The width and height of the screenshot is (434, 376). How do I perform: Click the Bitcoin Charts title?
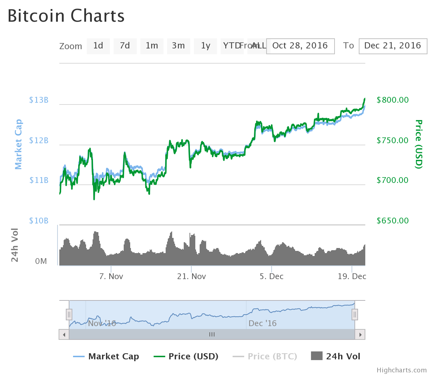click(x=66, y=16)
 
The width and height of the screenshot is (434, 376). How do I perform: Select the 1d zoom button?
click(x=98, y=46)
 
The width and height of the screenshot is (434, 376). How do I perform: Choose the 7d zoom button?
click(x=125, y=46)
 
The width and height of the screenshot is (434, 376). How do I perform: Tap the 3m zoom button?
click(x=178, y=46)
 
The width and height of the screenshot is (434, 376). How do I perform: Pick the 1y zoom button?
click(x=205, y=46)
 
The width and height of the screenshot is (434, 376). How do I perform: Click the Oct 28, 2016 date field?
click(x=300, y=46)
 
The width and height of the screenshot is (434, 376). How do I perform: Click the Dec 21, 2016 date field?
click(x=393, y=46)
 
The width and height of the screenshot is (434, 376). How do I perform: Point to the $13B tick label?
click(x=39, y=100)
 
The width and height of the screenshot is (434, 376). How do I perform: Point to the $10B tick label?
click(x=39, y=221)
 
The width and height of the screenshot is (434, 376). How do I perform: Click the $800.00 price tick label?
click(x=392, y=100)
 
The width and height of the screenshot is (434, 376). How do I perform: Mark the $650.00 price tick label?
click(x=392, y=221)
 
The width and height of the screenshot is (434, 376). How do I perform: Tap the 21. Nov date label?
click(x=191, y=277)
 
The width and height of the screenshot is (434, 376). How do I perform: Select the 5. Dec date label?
click(x=272, y=277)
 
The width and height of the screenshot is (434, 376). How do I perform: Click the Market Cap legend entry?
click(x=106, y=356)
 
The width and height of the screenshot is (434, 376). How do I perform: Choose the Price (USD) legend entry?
click(x=186, y=356)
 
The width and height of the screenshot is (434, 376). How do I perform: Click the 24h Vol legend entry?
click(x=336, y=356)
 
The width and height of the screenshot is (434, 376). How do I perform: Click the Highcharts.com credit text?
click(x=401, y=370)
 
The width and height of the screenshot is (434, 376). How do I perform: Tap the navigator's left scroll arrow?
click(x=64, y=334)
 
